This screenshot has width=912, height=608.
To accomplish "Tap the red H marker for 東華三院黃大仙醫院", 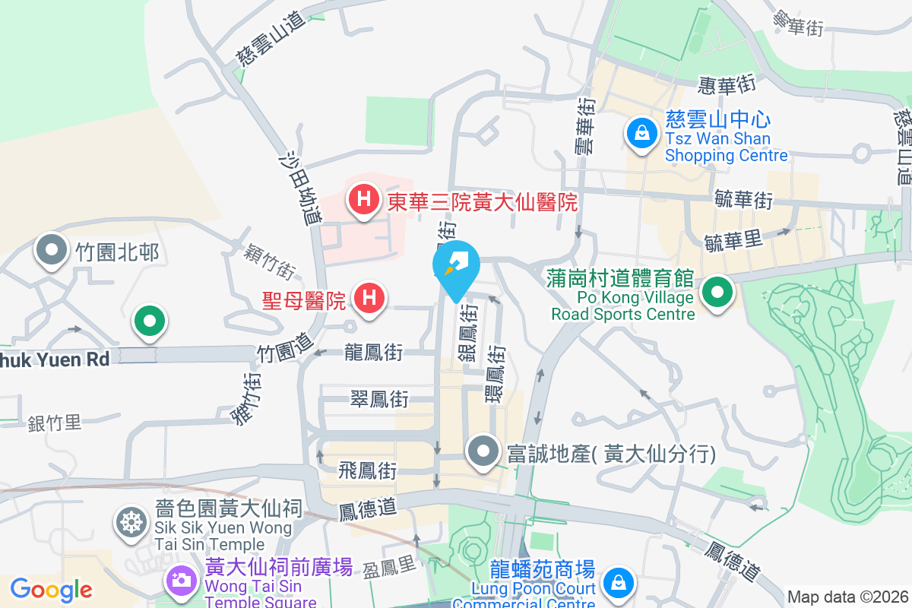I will [364, 201].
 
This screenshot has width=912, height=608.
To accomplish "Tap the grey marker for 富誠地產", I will [483, 454].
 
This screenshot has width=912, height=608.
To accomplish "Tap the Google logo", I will [51, 589].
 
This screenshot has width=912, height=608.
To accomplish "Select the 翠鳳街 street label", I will [379, 398].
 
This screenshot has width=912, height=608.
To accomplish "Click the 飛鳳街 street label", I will [368, 471].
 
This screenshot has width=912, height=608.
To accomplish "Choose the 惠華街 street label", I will [725, 85].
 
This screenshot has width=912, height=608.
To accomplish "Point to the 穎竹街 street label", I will [271, 261].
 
